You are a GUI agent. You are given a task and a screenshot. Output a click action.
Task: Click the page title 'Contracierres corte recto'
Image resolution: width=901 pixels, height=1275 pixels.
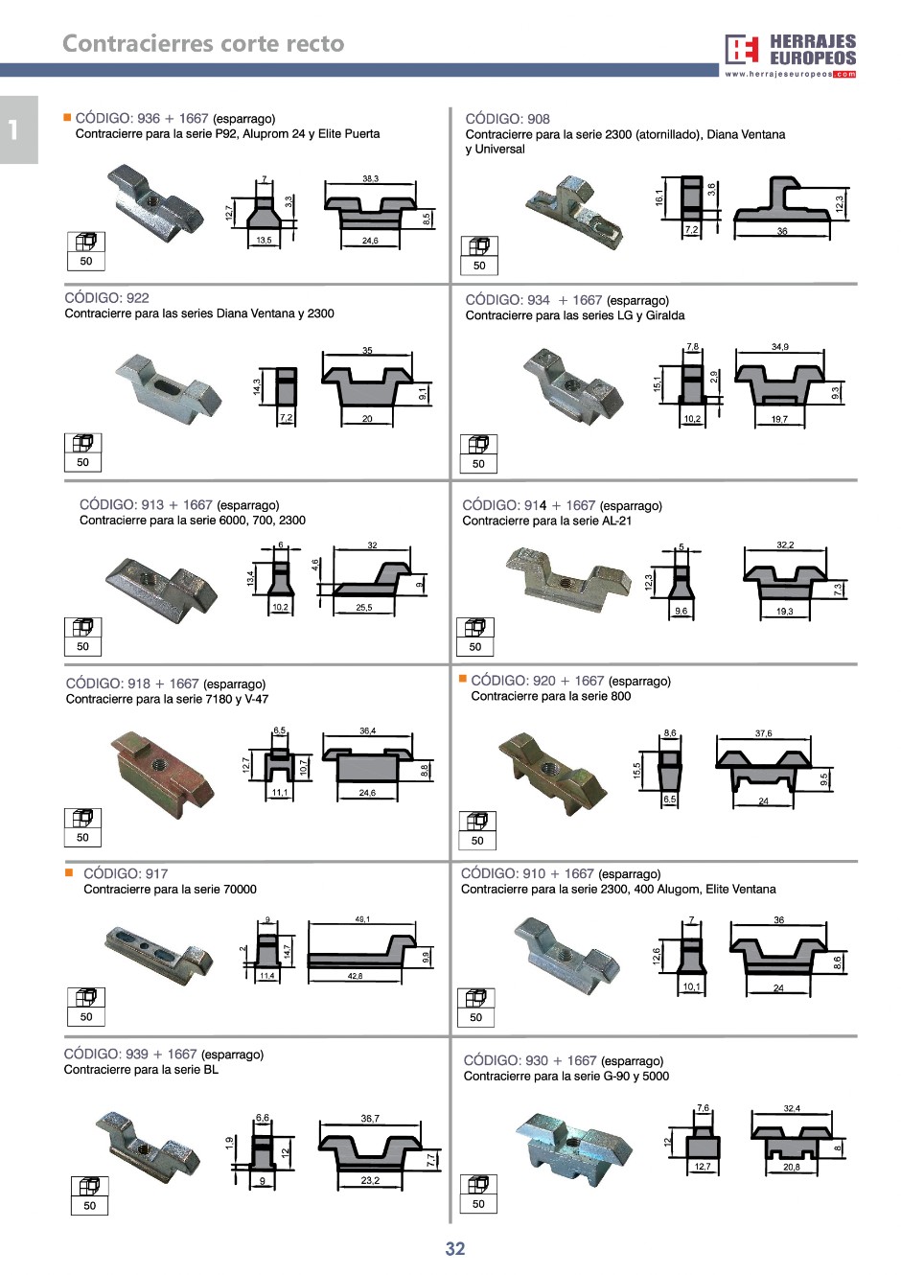[203, 44]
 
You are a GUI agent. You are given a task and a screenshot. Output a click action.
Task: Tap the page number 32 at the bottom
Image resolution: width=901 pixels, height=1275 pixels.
[455, 1248]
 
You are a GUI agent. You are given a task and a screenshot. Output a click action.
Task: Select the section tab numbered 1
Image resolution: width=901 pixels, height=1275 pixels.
[14, 129]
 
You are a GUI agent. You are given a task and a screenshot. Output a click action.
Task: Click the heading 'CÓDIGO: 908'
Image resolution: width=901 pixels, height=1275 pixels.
[507, 119]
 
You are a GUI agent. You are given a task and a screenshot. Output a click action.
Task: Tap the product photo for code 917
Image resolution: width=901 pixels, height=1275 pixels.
[159, 949]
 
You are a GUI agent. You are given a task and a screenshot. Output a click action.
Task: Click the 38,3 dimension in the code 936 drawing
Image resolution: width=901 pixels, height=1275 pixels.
[370, 178]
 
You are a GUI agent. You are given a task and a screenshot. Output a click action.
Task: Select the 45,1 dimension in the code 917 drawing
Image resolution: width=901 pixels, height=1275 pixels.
[362, 919]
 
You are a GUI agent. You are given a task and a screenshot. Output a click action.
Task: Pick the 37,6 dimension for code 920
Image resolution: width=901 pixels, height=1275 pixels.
[763, 733]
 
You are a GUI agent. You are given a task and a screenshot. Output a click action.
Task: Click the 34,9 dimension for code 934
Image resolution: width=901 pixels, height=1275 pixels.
[780, 347]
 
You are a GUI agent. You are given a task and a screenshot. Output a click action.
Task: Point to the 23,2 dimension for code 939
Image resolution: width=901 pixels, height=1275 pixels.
[370, 1180]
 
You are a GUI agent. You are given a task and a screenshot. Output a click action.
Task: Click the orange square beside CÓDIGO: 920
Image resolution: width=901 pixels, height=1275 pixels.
[463, 679]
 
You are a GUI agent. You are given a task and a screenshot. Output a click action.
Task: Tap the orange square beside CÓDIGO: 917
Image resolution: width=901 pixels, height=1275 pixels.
[69, 872]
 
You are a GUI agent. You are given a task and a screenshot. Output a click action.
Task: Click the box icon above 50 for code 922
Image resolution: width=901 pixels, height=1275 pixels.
[83, 443]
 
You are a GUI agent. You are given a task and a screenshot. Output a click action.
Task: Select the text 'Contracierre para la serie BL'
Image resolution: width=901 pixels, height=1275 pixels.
[141, 1070]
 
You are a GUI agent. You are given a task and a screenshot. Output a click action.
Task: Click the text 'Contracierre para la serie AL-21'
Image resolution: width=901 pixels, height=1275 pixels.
[546, 522]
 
